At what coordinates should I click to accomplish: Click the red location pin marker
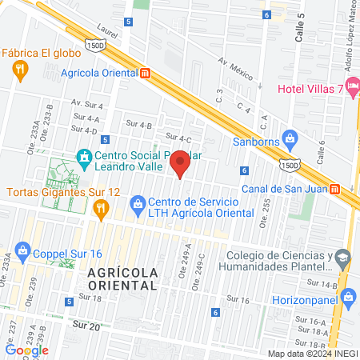click(180, 163)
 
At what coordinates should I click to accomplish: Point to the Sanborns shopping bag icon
click(290, 138)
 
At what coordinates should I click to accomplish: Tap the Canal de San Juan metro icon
click(334, 189)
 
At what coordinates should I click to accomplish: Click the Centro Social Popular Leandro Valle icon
click(83, 157)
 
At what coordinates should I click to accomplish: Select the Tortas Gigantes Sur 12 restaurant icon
click(100, 210)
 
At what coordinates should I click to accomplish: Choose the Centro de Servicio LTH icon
click(137, 203)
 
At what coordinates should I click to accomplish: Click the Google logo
click(26, 350)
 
